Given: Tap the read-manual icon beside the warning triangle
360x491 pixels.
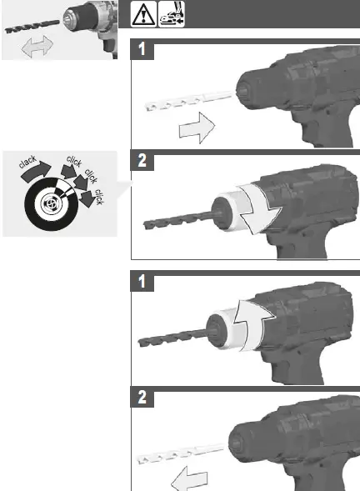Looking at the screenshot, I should click(x=172, y=14).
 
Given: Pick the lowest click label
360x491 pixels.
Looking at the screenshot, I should click(x=98, y=197).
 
